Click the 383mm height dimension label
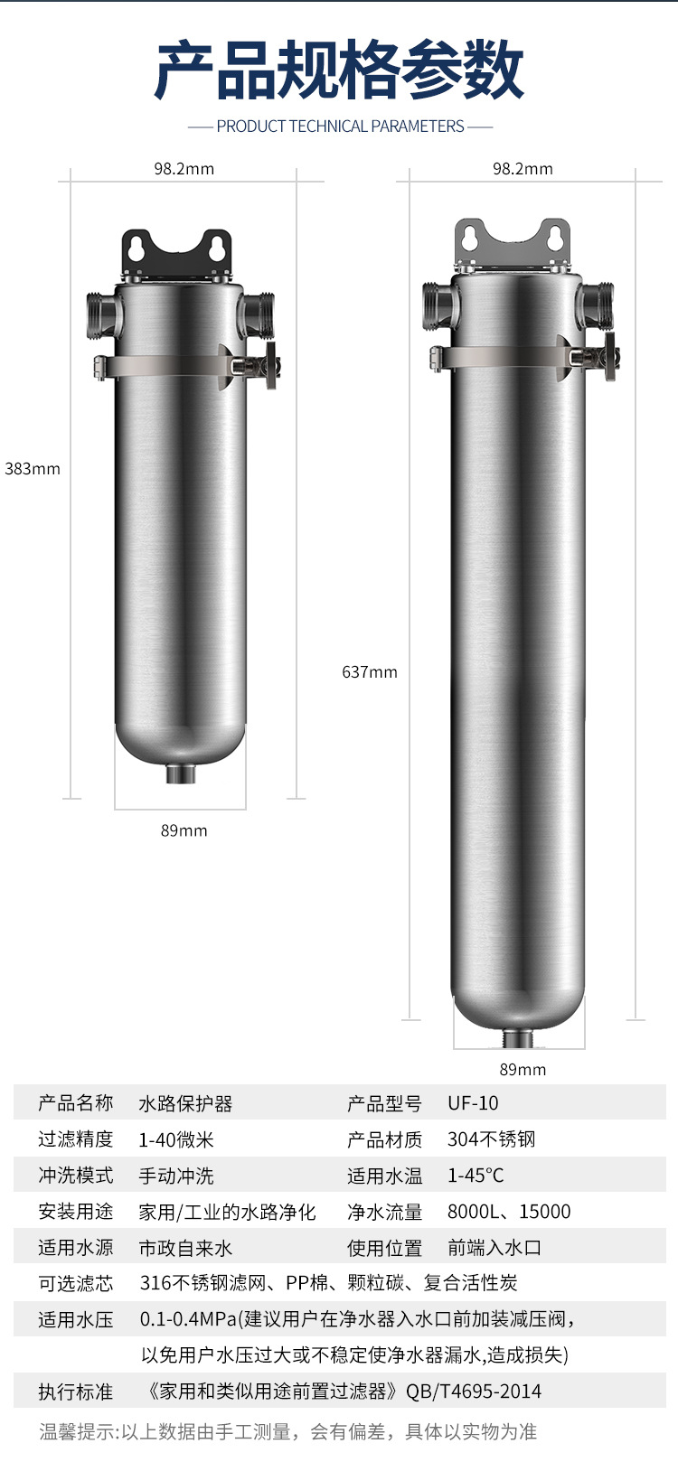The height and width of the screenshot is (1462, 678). (33, 469)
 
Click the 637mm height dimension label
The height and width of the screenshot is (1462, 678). (370, 672)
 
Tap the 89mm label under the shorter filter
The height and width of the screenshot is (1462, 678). (184, 830)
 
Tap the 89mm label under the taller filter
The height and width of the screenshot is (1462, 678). (523, 1070)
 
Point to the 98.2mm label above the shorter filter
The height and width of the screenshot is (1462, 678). (184, 169)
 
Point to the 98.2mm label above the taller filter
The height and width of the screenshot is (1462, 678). (523, 169)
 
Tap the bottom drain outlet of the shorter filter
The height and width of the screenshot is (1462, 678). (182, 774)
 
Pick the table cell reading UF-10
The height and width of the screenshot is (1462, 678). (473, 1103)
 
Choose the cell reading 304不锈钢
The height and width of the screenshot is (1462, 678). (491, 1139)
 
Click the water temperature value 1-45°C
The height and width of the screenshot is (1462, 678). (476, 1176)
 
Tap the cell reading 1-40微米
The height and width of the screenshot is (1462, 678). (176, 1139)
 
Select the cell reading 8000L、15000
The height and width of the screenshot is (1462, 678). (509, 1212)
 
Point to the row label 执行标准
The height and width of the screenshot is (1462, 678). (76, 1392)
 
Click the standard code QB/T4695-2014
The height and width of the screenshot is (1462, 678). (474, 1392)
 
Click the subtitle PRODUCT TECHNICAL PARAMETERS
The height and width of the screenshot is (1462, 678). (340, 127)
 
